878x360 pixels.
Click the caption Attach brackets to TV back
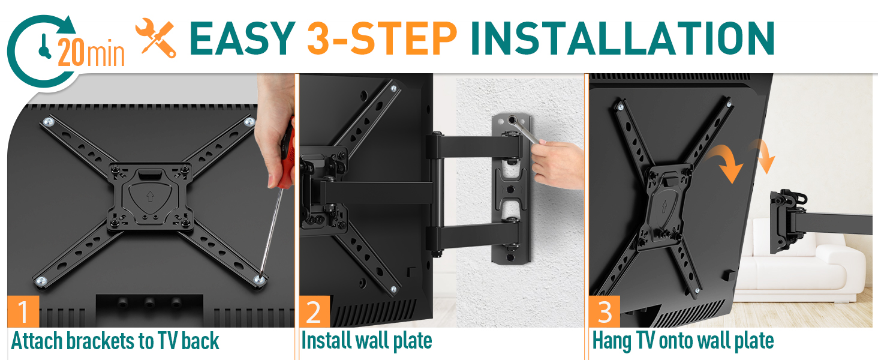pyautogui.click(x=115, y=341)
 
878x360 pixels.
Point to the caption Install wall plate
pyautogui.click(x=366, y=341)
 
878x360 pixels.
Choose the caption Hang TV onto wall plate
pyautogui.click(x=682, y=341)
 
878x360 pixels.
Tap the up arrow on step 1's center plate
pyautogui.click(x=149, y=196)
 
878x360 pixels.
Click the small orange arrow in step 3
pyautogui.click(x=764, y=155)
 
